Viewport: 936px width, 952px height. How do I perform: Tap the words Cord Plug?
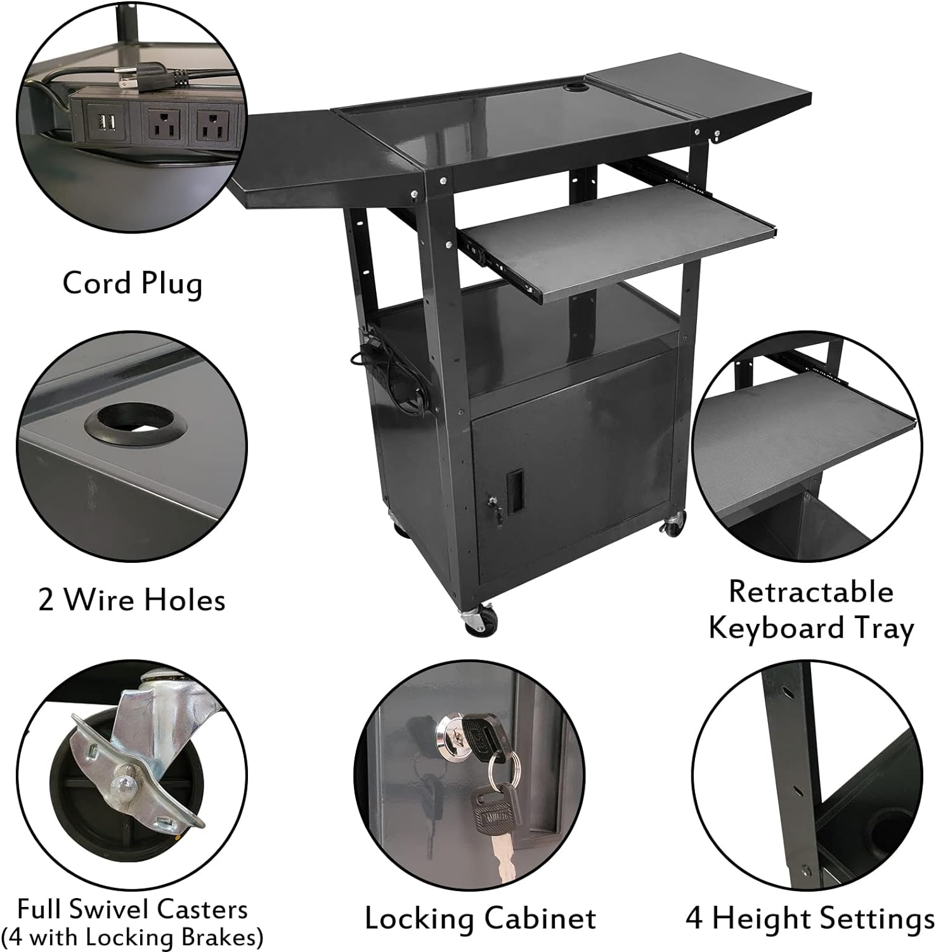click(133, 284)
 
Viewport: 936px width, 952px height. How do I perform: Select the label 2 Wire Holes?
click(132, 600)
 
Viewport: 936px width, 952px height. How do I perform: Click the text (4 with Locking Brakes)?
click(132, 937)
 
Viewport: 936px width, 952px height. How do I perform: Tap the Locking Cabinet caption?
click(480, 918)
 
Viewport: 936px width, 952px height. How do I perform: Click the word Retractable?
click(811, 592)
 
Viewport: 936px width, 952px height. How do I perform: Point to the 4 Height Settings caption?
click(810, 918)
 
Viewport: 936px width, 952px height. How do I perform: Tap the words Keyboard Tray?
click(811, 628)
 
